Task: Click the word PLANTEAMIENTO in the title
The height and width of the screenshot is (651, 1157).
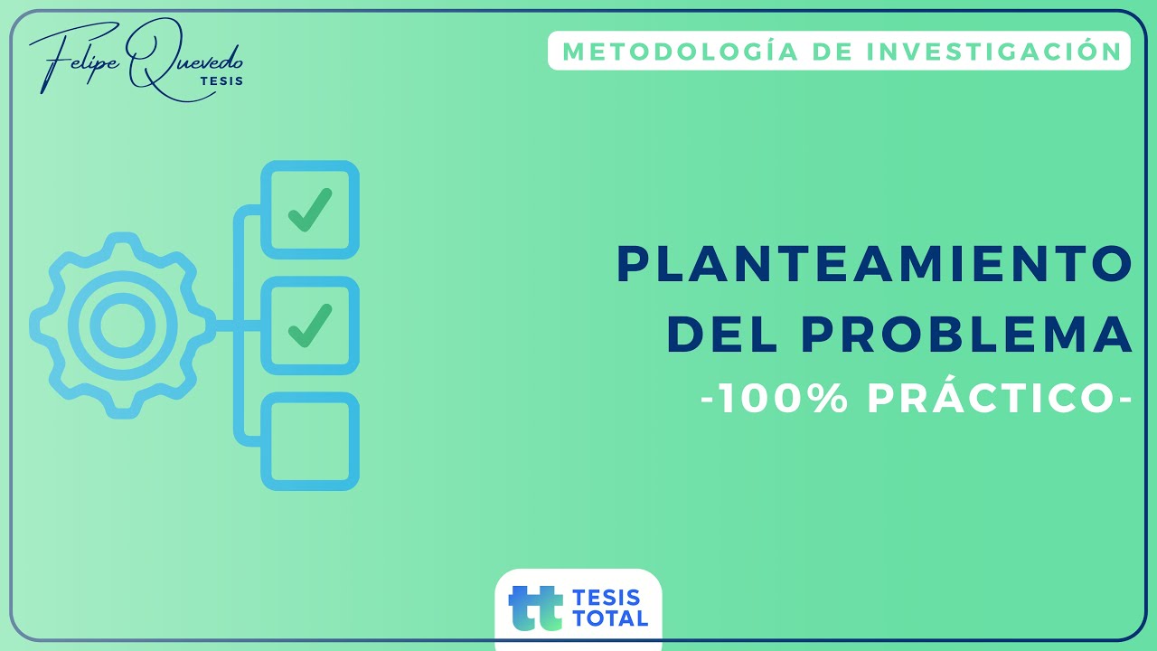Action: [x=874, y=264]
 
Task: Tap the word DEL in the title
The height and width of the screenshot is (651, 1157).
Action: [x=722, y=334]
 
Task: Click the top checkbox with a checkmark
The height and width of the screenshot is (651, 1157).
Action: [x=310, y=209]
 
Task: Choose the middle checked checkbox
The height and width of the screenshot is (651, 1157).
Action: [x=310, y=325]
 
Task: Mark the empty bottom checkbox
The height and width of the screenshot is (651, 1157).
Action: [x=310, y=442]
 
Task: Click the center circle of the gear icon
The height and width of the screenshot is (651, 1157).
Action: [x=121, y=325]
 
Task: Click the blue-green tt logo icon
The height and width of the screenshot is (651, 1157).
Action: [x=535, y=608]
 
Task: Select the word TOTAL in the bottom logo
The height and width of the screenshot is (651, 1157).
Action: [x=610, y=618]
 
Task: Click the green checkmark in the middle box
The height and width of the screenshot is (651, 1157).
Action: [x=309, y=325]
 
